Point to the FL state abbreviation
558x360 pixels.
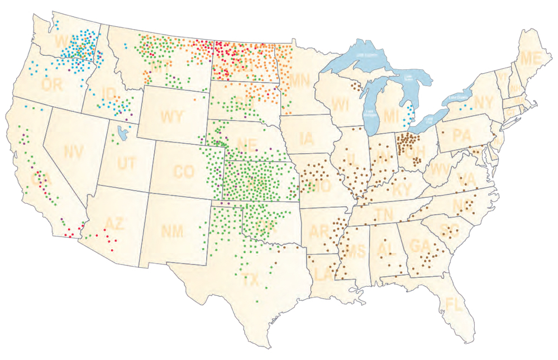click(454, 305)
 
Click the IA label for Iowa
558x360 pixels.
click(307, 138)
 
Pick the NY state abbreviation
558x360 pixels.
click(487, 103)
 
